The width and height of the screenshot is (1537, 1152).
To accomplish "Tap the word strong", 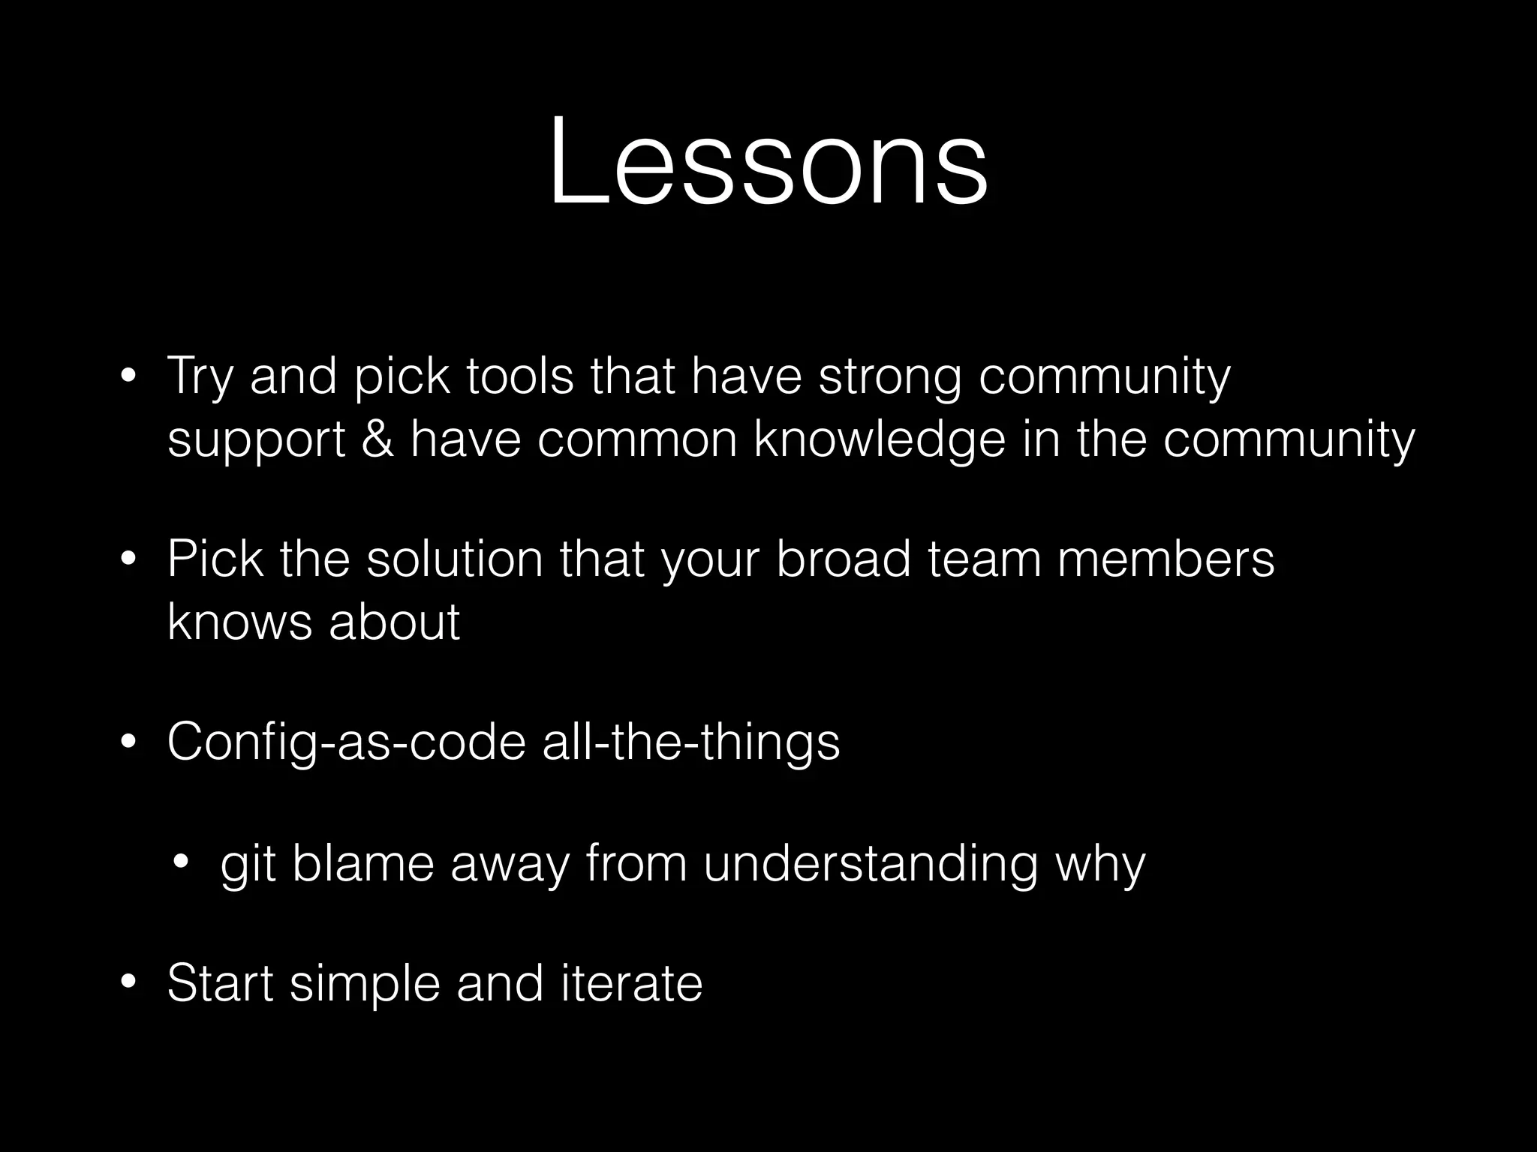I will coord(889,377).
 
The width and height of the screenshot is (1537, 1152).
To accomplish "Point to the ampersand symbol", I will coord(377,439).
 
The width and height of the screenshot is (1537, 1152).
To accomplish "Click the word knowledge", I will coord(879,441).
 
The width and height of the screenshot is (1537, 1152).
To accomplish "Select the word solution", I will coord(454,559).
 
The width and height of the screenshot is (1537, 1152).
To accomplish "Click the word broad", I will coord(843,559).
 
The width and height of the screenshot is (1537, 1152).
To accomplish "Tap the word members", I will coord(1166,559).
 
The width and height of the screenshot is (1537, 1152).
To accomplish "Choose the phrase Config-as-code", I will coord(346,743).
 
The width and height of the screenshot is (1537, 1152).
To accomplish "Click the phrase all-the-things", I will coord(690,743).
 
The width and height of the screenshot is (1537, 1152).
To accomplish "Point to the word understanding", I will coord(871,865).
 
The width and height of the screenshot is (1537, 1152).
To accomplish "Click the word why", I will coord(1100,865).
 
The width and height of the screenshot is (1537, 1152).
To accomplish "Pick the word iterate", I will coord(631,983).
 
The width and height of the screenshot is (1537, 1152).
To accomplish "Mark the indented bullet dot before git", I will coord(181,862).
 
